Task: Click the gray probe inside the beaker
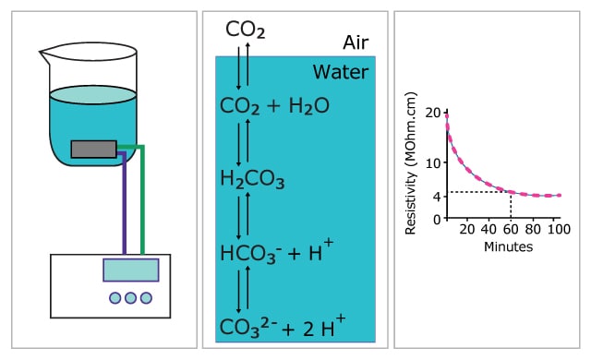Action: (93, 149)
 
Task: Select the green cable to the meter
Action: (141, 203)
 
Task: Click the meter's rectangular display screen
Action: (130, 270)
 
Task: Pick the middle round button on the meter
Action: (130, 298)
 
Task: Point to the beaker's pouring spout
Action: (42, 55)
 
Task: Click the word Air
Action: (355, 42)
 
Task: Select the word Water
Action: (340, 72)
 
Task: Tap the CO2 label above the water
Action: (246, 31)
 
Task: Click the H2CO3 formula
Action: (252, 178)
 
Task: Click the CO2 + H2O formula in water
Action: (275, 106)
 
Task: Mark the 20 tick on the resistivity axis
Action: (434, 112)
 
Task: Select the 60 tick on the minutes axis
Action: (511, 228)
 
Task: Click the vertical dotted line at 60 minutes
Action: (511, 205)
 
